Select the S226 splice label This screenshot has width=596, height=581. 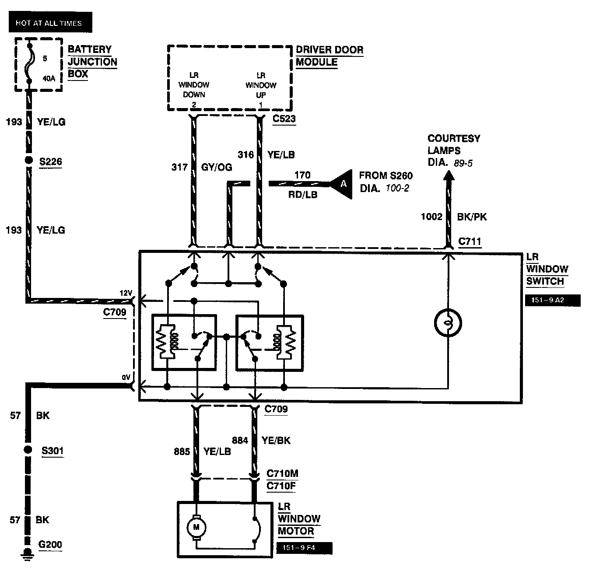[51, 161]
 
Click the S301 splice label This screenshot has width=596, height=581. [53, 450]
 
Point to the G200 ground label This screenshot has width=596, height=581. [50, 545]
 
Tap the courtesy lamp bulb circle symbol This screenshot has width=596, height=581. [448, 323]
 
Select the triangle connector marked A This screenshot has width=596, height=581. [342, 184]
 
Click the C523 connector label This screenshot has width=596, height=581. [284, 119]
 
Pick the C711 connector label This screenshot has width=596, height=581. [470, 241]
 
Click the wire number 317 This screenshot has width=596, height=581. [179, 167]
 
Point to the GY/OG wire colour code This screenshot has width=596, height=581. [217, 167]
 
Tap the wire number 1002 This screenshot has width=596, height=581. [431, 217]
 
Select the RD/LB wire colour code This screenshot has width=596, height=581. [303, 195]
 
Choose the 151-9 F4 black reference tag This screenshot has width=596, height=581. [304, 548]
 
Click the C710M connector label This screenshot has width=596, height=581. [283, 474]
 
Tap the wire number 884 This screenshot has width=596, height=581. [240, 440]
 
